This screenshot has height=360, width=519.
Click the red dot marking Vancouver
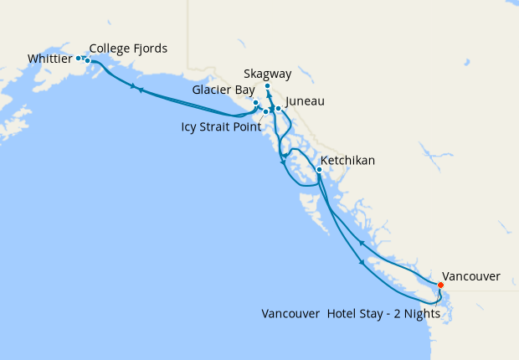[440, 285]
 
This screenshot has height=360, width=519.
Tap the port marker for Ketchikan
[319, 170]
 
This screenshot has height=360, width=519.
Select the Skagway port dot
[267, 86]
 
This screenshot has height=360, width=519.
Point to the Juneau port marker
[278, 109]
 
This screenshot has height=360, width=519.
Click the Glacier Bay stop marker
[256, 103]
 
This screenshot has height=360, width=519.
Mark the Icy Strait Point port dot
[265, 111]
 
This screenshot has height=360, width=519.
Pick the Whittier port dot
[78, 58]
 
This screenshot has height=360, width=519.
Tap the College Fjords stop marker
[87, 60]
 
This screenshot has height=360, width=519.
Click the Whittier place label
[49, 59]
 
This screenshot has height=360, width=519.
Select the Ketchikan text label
[347, 160]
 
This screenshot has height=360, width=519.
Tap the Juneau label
[305, 101]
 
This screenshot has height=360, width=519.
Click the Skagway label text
[268, 74]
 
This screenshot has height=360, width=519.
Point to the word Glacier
[208, 89]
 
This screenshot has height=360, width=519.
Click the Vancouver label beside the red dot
[471, 275]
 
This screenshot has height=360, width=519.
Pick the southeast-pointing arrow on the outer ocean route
[362, 263]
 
